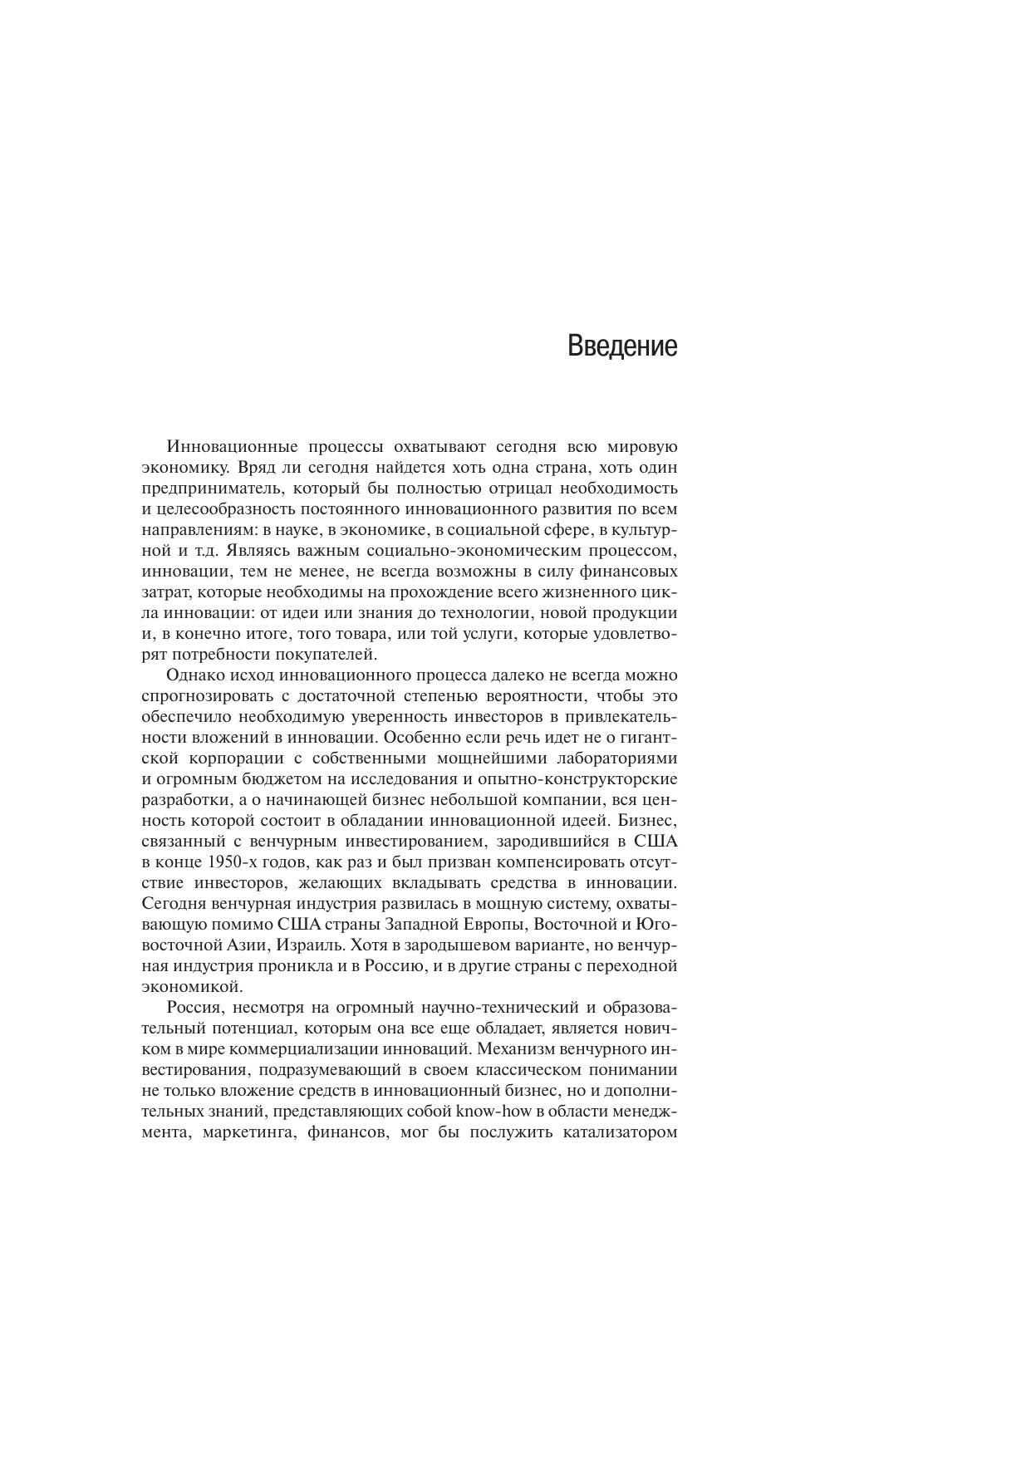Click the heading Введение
622,346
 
